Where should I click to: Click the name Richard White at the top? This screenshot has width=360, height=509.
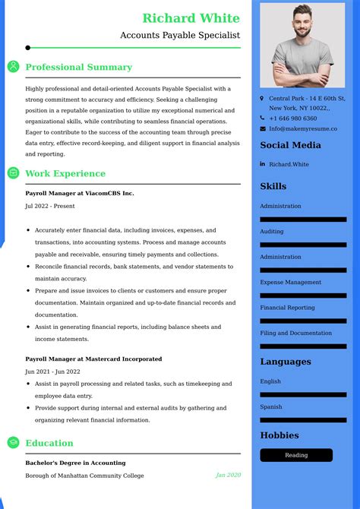(191, 18)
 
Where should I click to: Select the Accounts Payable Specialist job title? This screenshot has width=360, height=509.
(180, 35)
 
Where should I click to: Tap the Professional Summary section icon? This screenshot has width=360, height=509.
(14, 67)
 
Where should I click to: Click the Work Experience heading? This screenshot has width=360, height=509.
(65, 173)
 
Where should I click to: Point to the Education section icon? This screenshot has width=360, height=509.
(14, 443)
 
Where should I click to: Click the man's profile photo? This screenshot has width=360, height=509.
(302, 45)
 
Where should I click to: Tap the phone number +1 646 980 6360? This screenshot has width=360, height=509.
(292, 119)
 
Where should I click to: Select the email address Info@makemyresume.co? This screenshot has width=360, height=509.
(303, 129)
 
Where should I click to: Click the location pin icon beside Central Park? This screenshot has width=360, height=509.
(262, 99)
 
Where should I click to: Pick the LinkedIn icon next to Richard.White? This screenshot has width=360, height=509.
(262, 164)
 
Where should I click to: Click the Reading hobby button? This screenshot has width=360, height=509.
(296, 455)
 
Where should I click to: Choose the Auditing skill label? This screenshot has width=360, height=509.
(271, 232)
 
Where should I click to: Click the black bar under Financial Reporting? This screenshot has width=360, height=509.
(303, 321)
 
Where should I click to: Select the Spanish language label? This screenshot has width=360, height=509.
(270, 407)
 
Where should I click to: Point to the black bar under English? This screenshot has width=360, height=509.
(303, 395)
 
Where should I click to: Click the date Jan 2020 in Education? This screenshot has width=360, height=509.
(228, 476)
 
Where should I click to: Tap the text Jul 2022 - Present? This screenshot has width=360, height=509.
(50, 206)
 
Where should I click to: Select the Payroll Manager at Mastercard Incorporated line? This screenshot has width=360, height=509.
(93, 359)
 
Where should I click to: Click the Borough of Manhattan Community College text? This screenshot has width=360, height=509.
(84, 476)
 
